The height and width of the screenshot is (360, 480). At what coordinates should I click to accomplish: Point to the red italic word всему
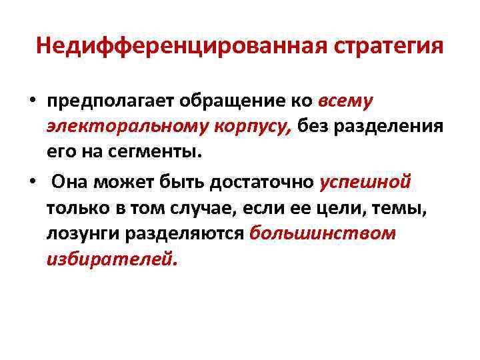pyautogui.click(x=347, y=101)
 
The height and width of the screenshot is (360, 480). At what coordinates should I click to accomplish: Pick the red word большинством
pyautogui.click(x=323, y=233)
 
